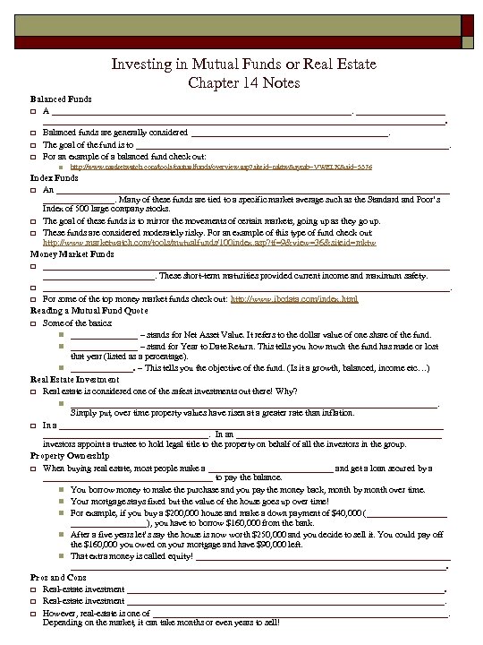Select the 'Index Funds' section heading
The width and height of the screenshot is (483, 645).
[x=50, y=178]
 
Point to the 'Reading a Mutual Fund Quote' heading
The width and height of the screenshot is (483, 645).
[x=87, y=310]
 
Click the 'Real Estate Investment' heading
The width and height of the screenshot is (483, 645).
[x=75, y=379]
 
